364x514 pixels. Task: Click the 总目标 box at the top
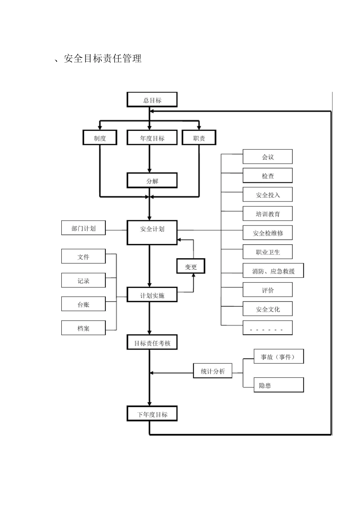(152, 100)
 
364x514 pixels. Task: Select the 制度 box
(100, 138)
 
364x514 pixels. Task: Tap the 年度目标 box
(152, 138)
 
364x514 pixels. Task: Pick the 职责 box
(199, 138)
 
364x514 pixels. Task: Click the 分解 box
(152, 181)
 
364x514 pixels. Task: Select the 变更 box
(191, 266)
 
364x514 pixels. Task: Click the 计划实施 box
(152, 295)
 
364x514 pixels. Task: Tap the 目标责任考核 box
(152, 343)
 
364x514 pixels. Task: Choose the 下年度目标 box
(152, 414)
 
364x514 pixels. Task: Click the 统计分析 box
(213, 371)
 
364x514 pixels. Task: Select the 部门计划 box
(84, 228)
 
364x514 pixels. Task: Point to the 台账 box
(84, 304)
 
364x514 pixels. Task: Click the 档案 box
(84, 328)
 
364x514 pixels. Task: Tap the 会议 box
(267, 157)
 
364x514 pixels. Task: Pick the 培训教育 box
(267, 214)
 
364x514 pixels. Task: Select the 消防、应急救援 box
(273, 271)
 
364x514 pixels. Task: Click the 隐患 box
(279, 385)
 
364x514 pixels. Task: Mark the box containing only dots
(267, 328)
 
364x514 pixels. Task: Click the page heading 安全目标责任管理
(103, 59)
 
